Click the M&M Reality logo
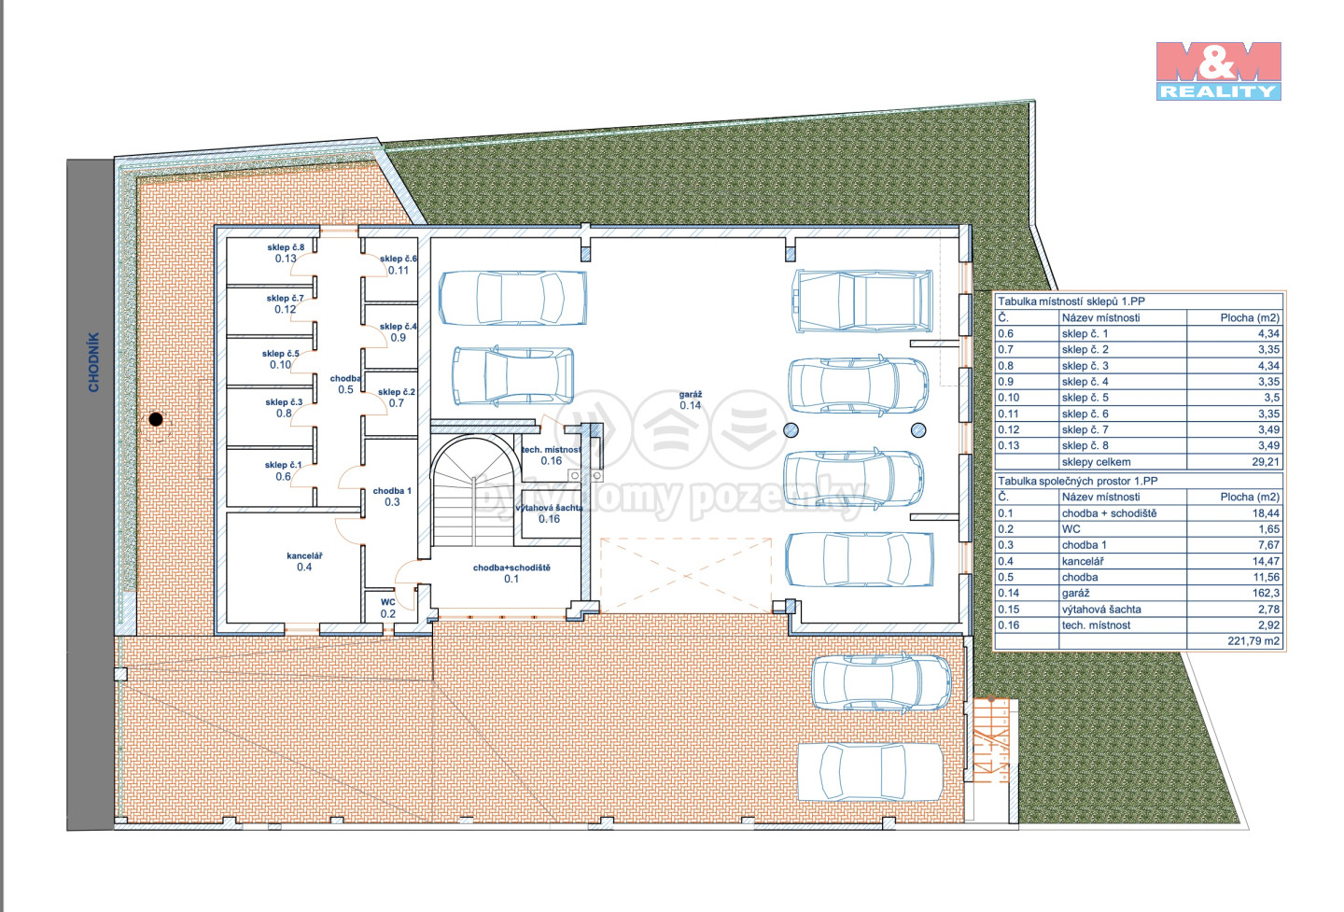1218,71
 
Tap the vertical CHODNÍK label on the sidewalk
93,362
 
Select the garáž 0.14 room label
690,400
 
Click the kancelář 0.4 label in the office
304,561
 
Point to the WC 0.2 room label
387,607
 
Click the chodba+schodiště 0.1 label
511,573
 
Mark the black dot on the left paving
156,419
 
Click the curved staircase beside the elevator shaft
474,491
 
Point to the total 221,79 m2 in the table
1253,640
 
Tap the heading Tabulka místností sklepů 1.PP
1071,302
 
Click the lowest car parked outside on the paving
870,772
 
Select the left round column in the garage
791,429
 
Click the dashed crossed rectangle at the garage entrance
686,575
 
